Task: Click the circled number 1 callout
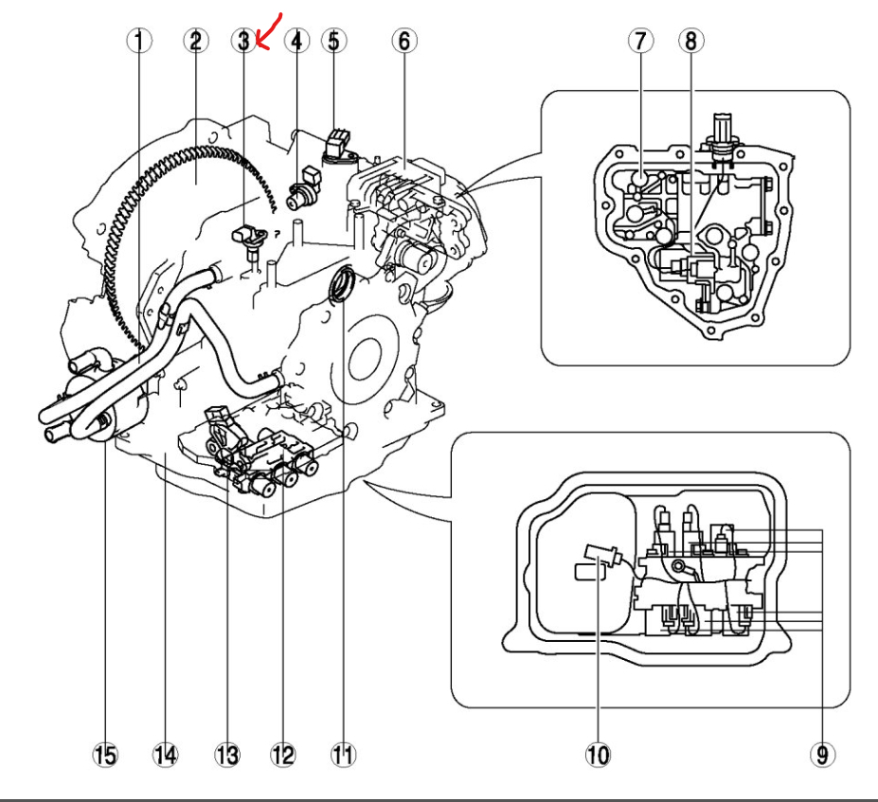click(139, 41)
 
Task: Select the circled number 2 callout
click(196, 41)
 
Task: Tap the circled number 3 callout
click(243, 41)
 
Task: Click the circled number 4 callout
click(296, 41)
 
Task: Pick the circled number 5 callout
click(333, 41)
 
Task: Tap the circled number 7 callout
click(641, 41)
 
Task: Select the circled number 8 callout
click(690, 41)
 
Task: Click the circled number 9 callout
click(821, 755)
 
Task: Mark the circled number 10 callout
click(598, 755)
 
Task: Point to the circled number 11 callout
click(342, 755)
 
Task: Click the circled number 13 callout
click(226, 755)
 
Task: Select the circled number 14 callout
click(165, 755)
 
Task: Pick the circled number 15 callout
click(106, 755)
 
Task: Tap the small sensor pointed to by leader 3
click(249, 237)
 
